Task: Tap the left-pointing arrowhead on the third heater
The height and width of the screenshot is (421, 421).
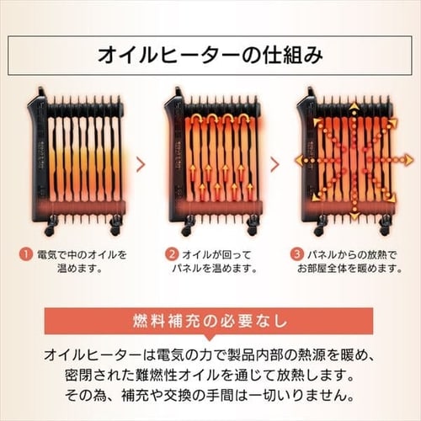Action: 295,157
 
